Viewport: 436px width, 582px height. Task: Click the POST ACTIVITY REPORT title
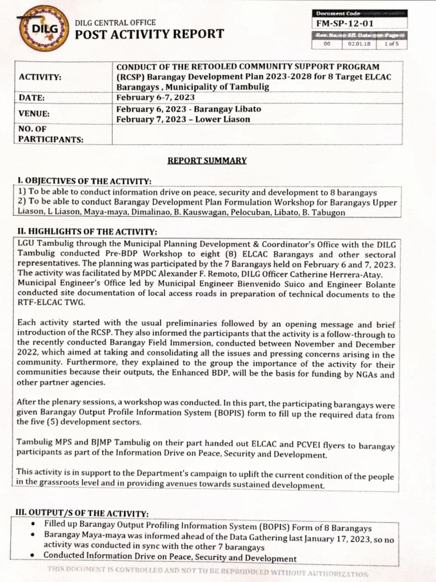coord(149,34)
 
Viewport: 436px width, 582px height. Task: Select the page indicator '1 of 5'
coord(392,43)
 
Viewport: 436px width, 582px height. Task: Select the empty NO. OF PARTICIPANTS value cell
coord(257,135)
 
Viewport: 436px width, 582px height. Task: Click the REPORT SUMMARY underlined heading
coord(207,160)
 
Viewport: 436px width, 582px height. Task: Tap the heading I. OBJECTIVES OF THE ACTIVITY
coord(85,181)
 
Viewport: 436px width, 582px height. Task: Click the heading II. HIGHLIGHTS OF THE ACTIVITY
coord(87,231)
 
